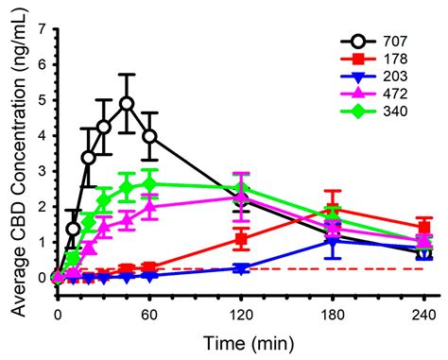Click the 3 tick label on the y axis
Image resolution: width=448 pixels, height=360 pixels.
[x=43, y=170]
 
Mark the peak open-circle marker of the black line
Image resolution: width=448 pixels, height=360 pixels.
[x=127, y=103]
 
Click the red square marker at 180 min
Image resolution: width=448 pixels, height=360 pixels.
[x=333, y=210]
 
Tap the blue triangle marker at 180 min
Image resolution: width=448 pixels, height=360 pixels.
[x=333, y=241]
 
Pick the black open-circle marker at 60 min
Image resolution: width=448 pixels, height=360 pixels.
[x=149, y=136]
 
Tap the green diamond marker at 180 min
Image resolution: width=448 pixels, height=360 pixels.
[x=333, y=216]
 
